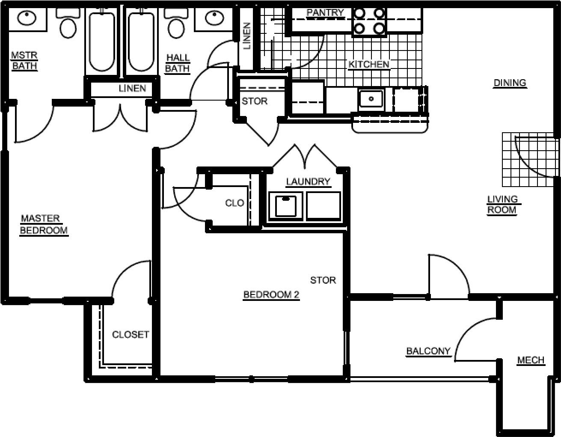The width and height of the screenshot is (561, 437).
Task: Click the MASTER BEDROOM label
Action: coord(44,224)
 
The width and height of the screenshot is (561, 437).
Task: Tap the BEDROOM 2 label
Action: coord(271,294)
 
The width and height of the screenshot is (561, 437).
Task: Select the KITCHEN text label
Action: coord(368,65)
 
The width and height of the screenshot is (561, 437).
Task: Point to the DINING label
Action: coord(509,83)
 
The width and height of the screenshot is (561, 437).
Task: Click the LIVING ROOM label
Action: coord(502,205)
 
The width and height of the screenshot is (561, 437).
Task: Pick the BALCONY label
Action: coord(428,351)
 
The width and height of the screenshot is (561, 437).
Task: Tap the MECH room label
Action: coord(531,360)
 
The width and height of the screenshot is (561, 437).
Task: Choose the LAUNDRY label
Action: coord(308,181)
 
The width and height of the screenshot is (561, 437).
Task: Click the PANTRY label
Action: coord(325,13)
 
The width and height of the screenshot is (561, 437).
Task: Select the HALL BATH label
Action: coord(177,63)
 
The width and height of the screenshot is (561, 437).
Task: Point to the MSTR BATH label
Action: coord(24,61)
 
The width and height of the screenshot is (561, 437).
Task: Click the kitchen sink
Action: coord(371,99)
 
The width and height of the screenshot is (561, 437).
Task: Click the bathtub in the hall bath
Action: coord(141,42)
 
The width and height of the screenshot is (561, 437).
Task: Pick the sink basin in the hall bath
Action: coord(213,18)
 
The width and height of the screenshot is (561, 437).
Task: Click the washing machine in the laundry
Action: coord(285,206)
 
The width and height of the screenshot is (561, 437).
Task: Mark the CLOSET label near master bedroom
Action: coord(131,334)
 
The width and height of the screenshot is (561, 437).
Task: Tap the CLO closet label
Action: coord(234,203)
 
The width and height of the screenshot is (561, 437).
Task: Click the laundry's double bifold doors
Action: coord(305,157)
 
